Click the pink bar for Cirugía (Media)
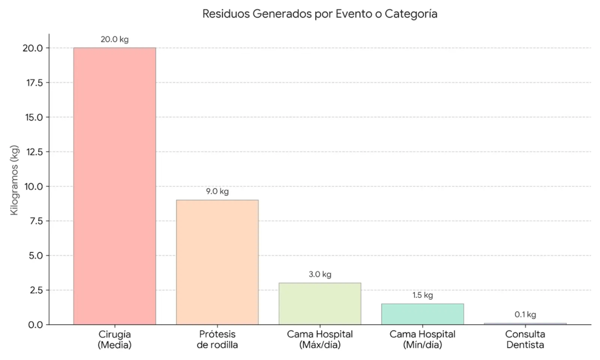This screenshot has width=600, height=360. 114,186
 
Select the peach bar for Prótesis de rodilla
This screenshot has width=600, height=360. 217,262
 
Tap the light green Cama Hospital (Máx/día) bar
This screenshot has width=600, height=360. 319,304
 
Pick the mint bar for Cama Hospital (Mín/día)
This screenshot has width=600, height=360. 422,314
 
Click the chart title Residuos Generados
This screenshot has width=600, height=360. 320,14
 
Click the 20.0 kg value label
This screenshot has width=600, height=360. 114,39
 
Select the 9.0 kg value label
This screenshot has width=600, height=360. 217,192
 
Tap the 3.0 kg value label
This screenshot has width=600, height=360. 319,274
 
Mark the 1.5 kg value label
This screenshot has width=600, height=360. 422,296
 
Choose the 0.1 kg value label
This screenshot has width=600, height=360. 525,315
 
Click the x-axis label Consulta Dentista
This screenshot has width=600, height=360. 525,339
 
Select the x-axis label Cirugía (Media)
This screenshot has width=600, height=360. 114,339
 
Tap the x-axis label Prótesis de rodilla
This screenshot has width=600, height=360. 217,339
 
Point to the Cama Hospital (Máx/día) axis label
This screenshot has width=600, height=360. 319,339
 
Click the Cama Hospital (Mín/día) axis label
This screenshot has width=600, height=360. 422,339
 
